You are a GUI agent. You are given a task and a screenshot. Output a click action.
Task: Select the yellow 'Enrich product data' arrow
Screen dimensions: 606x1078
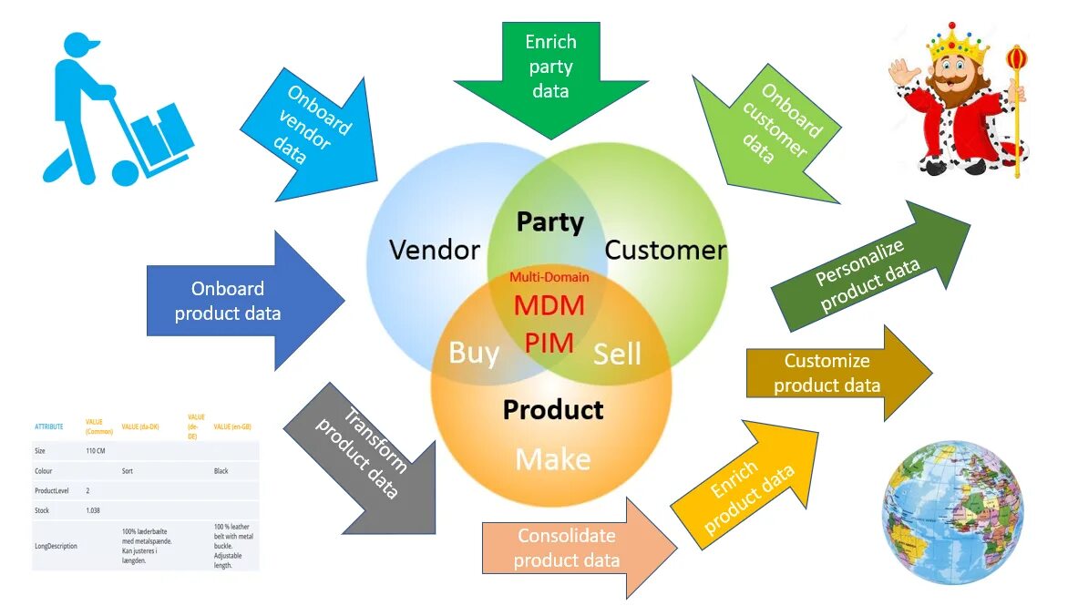743,488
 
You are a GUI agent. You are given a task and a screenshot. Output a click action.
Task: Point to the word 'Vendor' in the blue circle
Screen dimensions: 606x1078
434,250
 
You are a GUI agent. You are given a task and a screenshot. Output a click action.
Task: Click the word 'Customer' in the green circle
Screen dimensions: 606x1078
665,250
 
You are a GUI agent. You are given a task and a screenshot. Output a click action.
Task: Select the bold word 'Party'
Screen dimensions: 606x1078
549,221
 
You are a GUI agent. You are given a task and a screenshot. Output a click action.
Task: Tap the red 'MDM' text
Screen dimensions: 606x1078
549,305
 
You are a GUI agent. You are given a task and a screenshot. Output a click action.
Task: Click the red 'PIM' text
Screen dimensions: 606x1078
549,343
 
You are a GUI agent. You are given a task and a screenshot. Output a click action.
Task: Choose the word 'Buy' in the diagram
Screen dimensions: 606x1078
474,352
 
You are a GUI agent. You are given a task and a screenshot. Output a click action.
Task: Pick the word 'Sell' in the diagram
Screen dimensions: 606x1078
617,354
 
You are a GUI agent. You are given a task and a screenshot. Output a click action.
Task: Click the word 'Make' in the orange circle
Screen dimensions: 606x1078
552,459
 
